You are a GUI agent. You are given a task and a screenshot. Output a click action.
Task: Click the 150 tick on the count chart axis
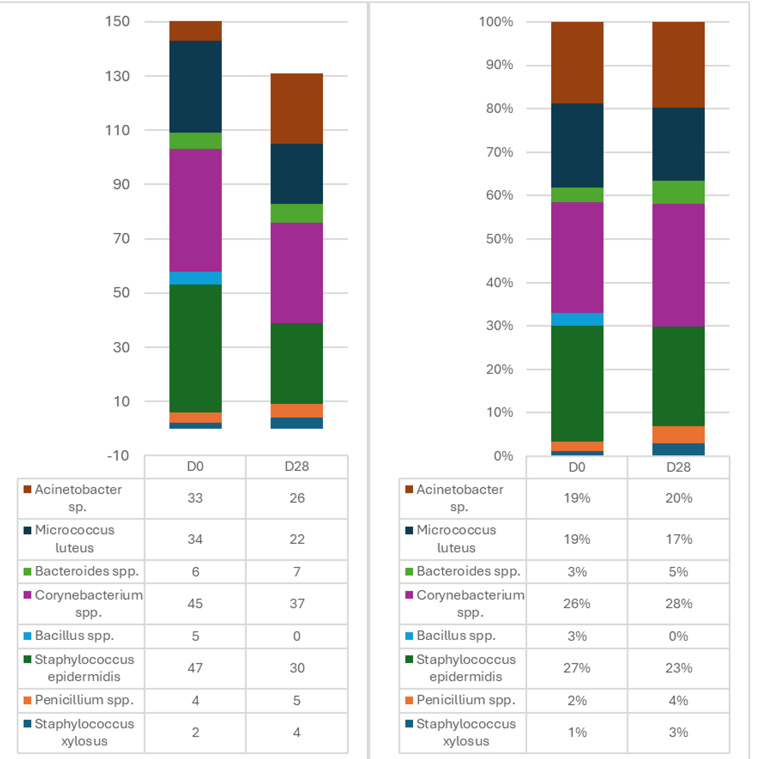[x=117, y=21]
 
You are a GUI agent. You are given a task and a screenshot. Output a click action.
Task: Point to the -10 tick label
[x=118, y=456]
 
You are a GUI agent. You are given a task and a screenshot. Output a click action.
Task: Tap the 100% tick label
[x=496, y=22]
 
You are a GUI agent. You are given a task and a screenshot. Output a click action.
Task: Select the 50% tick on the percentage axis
[x=499, y=239]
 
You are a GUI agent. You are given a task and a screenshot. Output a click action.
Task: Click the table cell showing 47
[x=195, y=668]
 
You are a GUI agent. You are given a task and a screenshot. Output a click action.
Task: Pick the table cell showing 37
[x=297, y=603]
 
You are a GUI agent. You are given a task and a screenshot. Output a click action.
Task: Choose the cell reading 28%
[x=679, y=603]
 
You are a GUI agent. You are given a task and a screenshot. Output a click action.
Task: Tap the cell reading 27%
[x=577, y=668]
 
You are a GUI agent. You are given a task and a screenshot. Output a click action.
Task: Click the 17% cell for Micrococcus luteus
[x=679, y=539]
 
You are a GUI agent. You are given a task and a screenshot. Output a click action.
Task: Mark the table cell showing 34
[x=195, y=539]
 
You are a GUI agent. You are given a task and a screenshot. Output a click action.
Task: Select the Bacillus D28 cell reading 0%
[x=678, y=636]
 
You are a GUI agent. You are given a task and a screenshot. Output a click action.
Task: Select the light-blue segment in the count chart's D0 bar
[x=195, y=278]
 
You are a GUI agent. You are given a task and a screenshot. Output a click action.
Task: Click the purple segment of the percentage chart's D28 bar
[x=678, y=265]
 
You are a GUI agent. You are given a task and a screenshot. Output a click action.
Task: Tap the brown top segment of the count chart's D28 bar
[x=297, y=108]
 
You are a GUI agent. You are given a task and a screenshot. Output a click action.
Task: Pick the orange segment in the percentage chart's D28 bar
[x=678, y=435]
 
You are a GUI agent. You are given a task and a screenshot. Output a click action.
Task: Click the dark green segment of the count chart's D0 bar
[x=195, y=348]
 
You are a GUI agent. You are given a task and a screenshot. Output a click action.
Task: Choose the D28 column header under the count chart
[x=297, y=466]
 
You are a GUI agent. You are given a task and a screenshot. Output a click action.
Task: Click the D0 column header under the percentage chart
[x=577, y=467]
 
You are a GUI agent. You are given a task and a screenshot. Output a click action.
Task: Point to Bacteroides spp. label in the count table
[x=87, y=571]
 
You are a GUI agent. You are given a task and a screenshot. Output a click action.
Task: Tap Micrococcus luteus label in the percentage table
[x=456, y=539]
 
